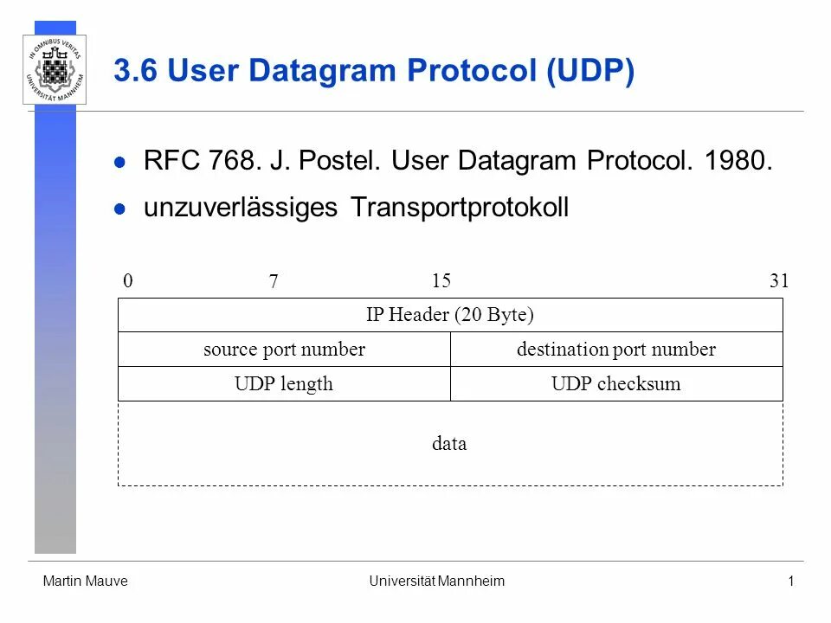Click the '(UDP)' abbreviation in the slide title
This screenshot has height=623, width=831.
[x=589, y=72]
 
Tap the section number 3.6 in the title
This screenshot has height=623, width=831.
[x=136, y=72]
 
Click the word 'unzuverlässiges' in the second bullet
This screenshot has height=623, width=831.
[x=240, y=208]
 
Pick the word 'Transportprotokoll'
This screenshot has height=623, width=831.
[x=460, y=208]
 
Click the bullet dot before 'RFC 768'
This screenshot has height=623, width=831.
[x=121, y=162]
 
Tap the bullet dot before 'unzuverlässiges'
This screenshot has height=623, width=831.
[x=121, y=209]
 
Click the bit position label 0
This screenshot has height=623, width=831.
[x=127, y=281]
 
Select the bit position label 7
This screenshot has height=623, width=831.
[x=274, y=282]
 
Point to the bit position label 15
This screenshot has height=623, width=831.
[x=441, y=281]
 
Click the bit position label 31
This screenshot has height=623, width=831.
[x=779, y=281]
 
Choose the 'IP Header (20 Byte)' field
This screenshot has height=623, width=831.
[x=450, y=315]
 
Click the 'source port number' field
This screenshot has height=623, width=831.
[x=284, y=350]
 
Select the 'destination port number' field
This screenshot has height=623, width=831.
[x=616, y=350]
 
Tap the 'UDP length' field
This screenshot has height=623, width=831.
[x=284, y=384]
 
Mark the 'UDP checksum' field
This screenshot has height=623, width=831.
[x=616, y=384]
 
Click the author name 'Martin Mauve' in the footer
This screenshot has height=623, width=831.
[x=85, y=581]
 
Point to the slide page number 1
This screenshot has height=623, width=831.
[x=790, y=581]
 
